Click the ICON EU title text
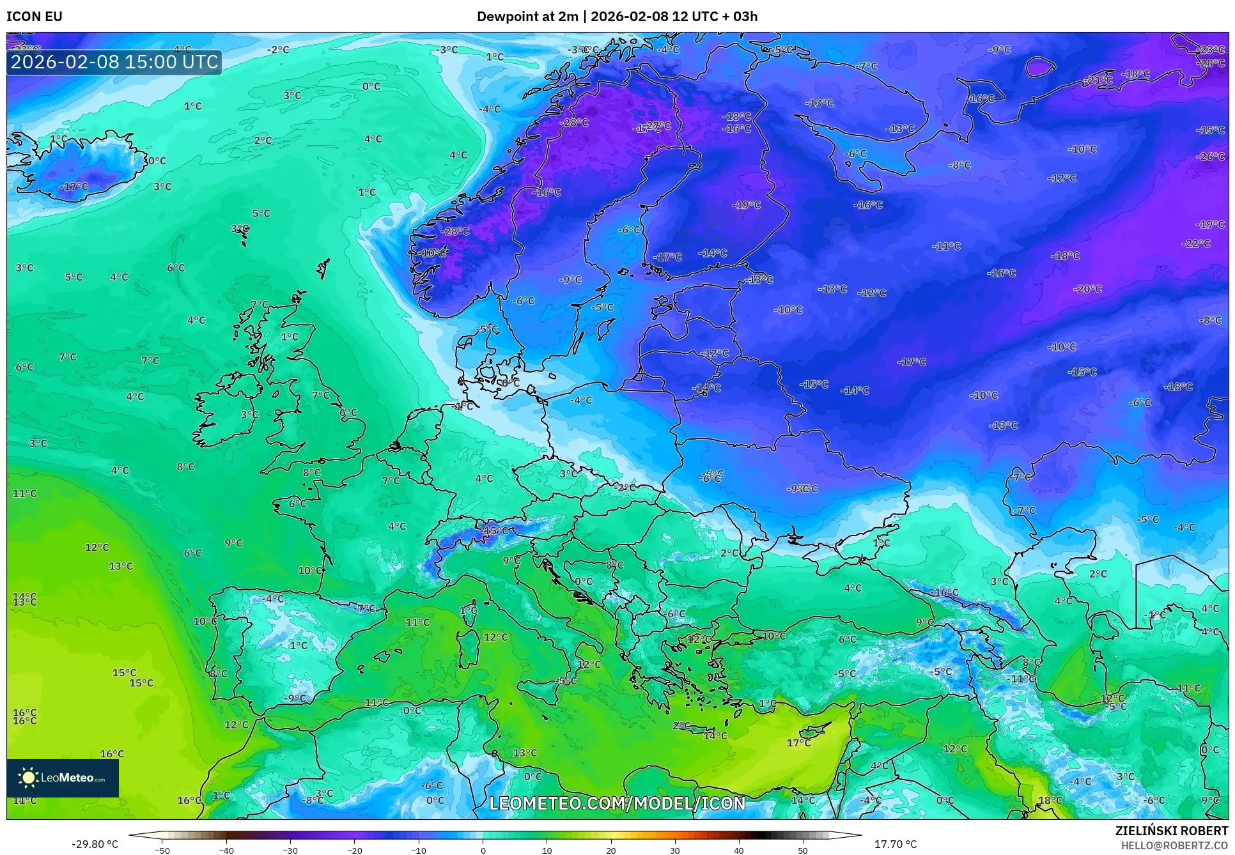(35, 17)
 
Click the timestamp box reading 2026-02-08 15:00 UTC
(114, 62)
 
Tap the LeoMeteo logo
(63, 778)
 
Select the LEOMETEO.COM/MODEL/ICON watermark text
(617, 803)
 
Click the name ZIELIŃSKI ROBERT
(1171, 831)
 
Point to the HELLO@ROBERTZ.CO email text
(1174, 845)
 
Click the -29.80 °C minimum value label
(95, 844)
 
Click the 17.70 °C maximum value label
(895, 844)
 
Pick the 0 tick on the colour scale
(483, 850)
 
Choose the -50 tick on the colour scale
(162, 850)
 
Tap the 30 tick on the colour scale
(675, 850)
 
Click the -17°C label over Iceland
(74, 187)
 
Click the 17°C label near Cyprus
(798, 743)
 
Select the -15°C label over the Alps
(495, 530)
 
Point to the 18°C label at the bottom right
(1050, 800)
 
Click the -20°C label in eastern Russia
(1087, 289)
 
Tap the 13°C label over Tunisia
(525, 753)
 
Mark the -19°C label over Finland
(746, 205)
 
